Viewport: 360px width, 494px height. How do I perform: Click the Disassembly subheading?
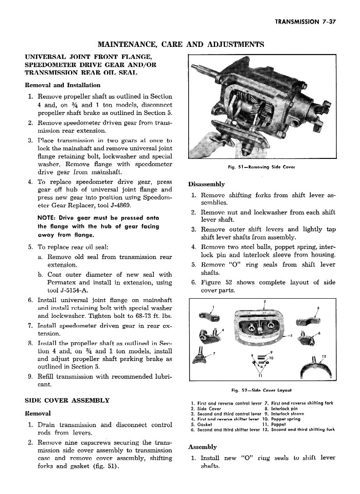(206, 184)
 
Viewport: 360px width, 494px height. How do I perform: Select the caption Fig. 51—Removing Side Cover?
(262, 167)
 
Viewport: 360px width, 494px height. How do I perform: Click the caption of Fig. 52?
(261, 390)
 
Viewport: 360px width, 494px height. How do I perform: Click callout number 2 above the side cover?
(265, 301)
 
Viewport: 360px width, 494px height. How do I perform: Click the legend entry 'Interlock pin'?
(287, 408)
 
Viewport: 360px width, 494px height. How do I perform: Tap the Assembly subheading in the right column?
(202, 447)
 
